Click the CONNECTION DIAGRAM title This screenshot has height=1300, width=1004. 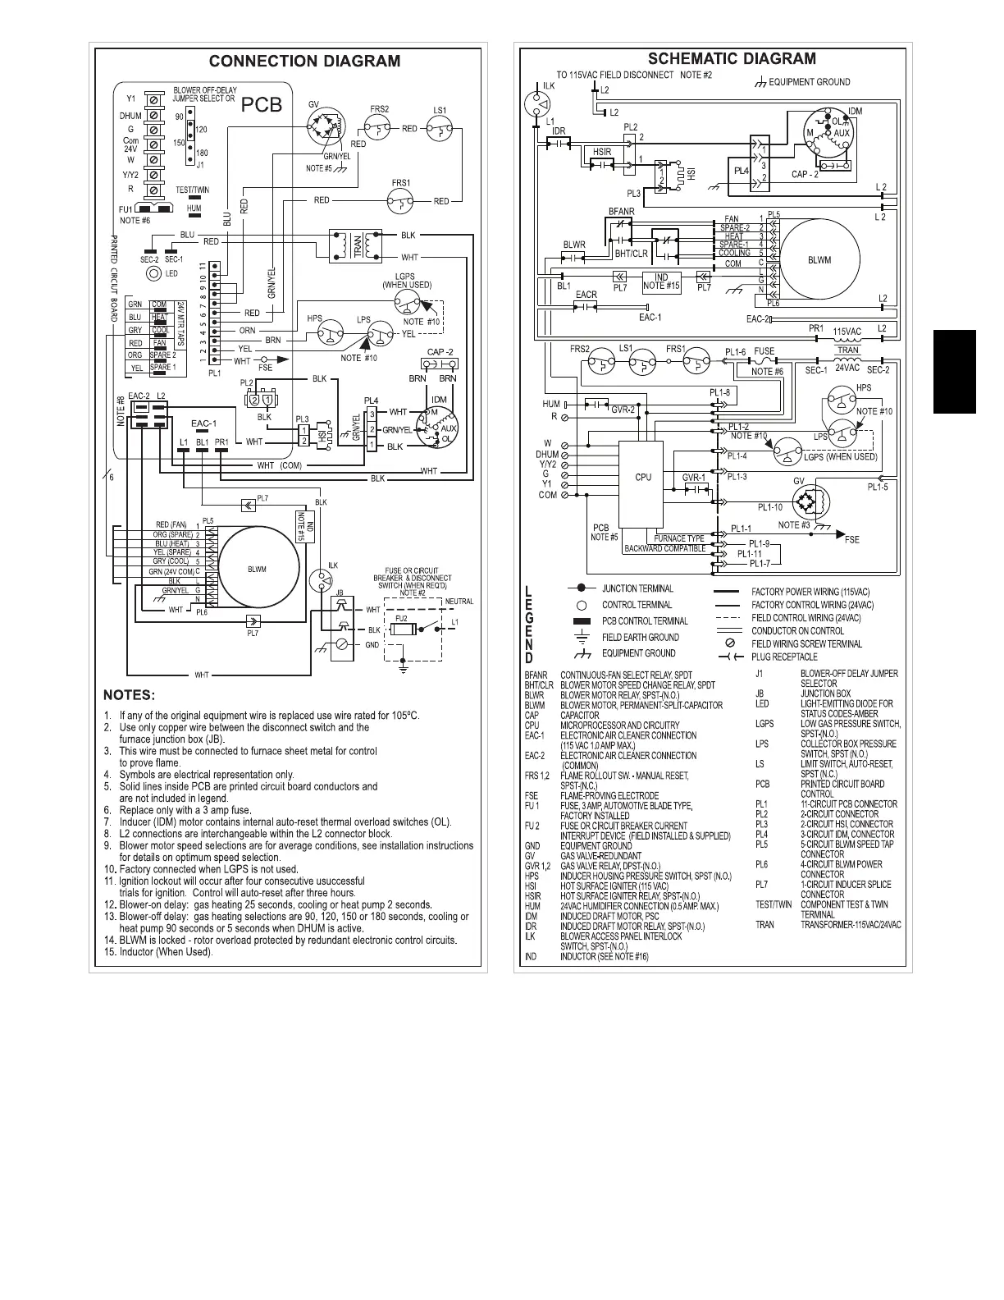click(x=304, y=62)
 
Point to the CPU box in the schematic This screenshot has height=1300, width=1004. click(x=643, y=477)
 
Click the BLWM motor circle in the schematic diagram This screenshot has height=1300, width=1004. click(x=818, y=261)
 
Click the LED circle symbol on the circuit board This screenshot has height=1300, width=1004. click(x=152, y=273)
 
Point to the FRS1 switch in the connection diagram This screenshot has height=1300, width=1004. click(x=402, y=199)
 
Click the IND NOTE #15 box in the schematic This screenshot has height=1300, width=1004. click(x=661, y=281)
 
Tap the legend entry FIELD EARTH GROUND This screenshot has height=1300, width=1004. click(x=640, y=638)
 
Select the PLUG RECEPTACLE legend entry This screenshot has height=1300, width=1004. click(x=784, y=657)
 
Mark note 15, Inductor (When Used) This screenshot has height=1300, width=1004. click(x=165, y=952)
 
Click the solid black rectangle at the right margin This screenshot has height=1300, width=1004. click(x=954, y=371)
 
